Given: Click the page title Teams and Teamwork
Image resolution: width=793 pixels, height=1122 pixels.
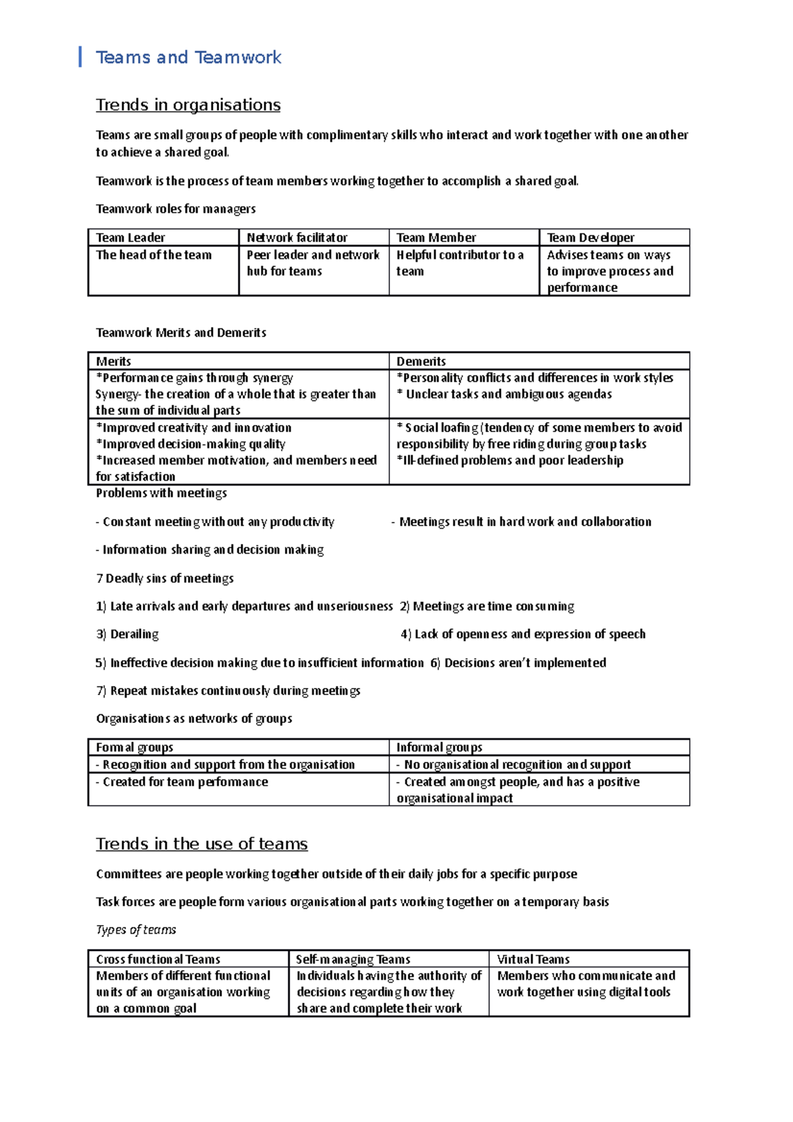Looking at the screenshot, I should coord(188,57).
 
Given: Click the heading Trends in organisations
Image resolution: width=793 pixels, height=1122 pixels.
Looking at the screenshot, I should coord(188,105).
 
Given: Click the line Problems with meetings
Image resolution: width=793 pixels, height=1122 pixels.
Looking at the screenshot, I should coord(161,493).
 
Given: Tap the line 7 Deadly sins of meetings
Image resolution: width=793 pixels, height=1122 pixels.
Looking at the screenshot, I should coord(165,579).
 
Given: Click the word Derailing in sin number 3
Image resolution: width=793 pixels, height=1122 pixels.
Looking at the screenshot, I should coord(134,634).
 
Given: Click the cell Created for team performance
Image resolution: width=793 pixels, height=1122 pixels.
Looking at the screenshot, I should coord(185,782).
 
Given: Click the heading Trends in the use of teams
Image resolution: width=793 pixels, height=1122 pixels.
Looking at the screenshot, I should coord(202,844).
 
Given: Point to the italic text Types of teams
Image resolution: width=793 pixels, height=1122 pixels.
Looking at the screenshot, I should coord(136,930).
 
